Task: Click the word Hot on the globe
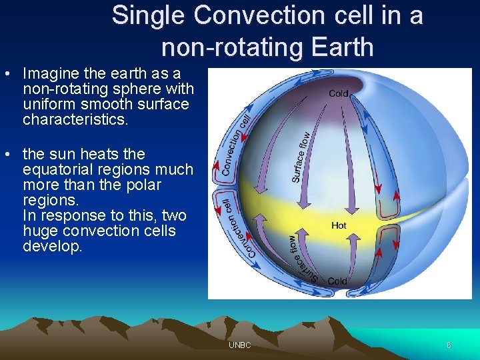point(339,226)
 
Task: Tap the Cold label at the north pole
point(339,94)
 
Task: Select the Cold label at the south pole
point(337,281)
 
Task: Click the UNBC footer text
point(239,345)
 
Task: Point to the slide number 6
point(449,345)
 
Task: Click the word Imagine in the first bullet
point(51,73)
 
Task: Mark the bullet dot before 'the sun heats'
point(7,154)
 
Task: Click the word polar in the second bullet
point(142,185)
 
